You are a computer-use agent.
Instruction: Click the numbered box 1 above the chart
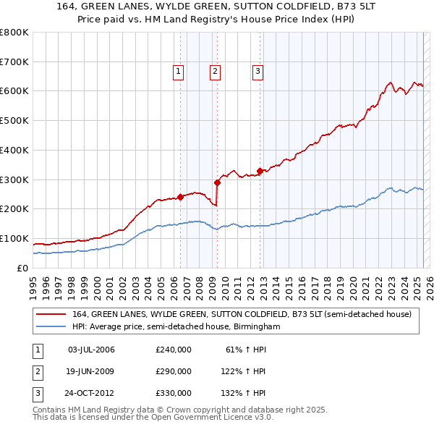tap(178, 71)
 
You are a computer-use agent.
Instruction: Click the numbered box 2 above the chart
tap(216, 71)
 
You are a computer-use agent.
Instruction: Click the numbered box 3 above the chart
tap(258, 71)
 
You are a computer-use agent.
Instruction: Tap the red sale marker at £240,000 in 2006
tap(180, 196)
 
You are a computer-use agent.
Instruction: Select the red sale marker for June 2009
tap(217, 182)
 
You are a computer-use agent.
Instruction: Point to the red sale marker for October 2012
tap(260, 171)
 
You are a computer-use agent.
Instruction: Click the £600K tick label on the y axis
tap(14, 91)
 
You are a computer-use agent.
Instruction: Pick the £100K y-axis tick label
tap(14, 238)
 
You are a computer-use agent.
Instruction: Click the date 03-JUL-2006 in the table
tap(91, 350)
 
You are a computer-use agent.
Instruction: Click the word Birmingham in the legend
tap(258, 326)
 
